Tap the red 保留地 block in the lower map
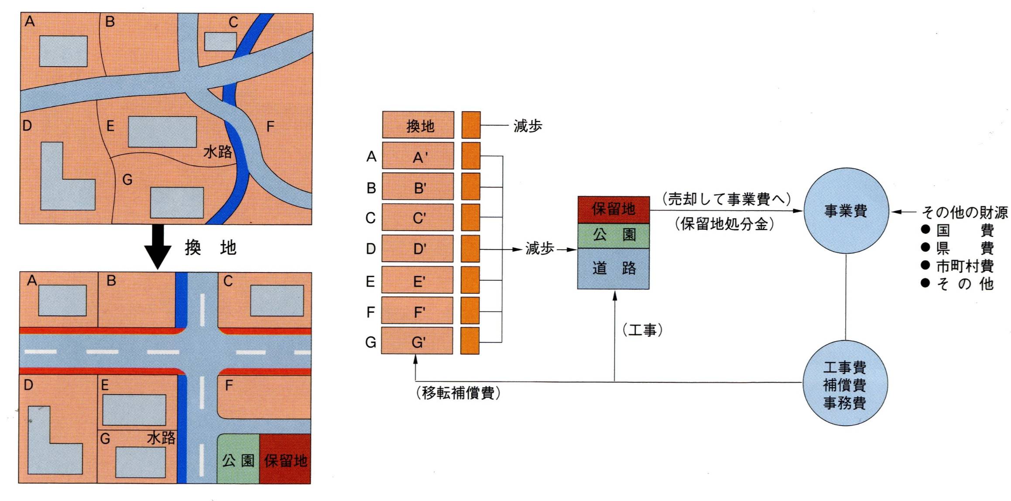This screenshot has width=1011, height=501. pyautogui.click(x=285, y=459)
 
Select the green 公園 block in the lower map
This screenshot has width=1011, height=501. pyautogui.click(x=238, y=459)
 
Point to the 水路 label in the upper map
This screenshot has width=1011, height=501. pyautogui.click(x=218, y=152)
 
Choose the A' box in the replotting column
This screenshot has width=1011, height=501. pyautogui.click(x=418, y=156)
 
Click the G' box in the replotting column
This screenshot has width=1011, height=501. pyautogui.click(x=417, y=341)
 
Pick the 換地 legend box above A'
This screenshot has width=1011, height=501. pyautogui.click(x=418, y=125)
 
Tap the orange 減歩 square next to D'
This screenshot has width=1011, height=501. pyautogui.click(x=470, y=249)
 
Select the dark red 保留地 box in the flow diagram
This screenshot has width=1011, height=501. pyautogui.click(x=613, y=209)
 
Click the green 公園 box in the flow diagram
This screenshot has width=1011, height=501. pyautogui.click(x=613, y=235)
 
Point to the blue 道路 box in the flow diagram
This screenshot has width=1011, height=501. pyautogui.click(x=613, y=268)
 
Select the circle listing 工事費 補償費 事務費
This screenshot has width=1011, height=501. pyautogui.click(x=845, y=384)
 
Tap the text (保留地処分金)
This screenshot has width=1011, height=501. pyautogui.click(x=724, y=224)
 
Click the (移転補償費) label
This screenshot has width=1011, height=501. pyautogui.click(x=458, y=393)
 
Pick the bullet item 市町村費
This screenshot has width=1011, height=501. pyautogui.click(x=965, y=266)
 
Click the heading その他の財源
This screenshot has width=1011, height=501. pyautogui.click(x=964, y=212)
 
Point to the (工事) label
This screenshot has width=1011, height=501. pyautogui.click(x=642, y=330)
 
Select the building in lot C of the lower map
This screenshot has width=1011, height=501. pyautogui.click(x=277, y=301)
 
